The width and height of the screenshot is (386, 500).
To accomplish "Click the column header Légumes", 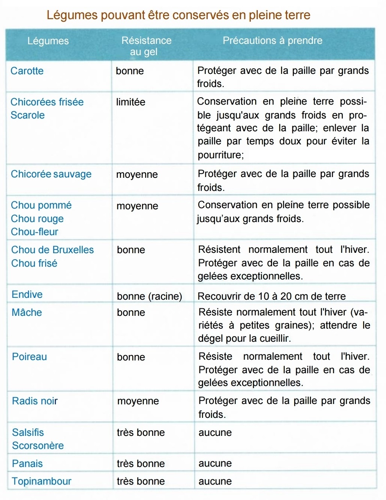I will point(48,41).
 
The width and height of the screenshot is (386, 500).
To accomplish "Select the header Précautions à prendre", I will point(272,41).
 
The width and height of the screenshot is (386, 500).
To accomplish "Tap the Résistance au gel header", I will point(146,46).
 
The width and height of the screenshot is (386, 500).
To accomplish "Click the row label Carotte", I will point(27,71).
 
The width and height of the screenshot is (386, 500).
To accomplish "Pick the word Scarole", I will point(27,115).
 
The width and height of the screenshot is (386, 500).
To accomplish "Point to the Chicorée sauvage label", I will point(51,174).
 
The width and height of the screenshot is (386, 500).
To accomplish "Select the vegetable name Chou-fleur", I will point(34,232).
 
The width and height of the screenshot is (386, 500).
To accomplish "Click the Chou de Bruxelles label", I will point(52,250).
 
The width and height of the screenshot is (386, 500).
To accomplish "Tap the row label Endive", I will point(27,294).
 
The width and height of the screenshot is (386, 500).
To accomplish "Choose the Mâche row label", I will point(27,312).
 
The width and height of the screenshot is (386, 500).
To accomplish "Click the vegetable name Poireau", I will point(29,357).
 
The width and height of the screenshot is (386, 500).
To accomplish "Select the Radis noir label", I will point(35,401).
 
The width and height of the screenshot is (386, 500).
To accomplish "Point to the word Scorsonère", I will point(38,446).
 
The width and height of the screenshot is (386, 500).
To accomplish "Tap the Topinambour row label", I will point(42,481).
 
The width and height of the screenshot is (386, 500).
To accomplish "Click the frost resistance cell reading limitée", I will point(131,102).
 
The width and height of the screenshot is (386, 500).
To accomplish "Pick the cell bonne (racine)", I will point(150,296).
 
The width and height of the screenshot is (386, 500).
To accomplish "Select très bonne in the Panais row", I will point(141,464).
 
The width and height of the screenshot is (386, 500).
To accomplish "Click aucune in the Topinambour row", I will point(215,481).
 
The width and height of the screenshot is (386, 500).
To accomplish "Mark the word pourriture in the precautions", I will point(220,155).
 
